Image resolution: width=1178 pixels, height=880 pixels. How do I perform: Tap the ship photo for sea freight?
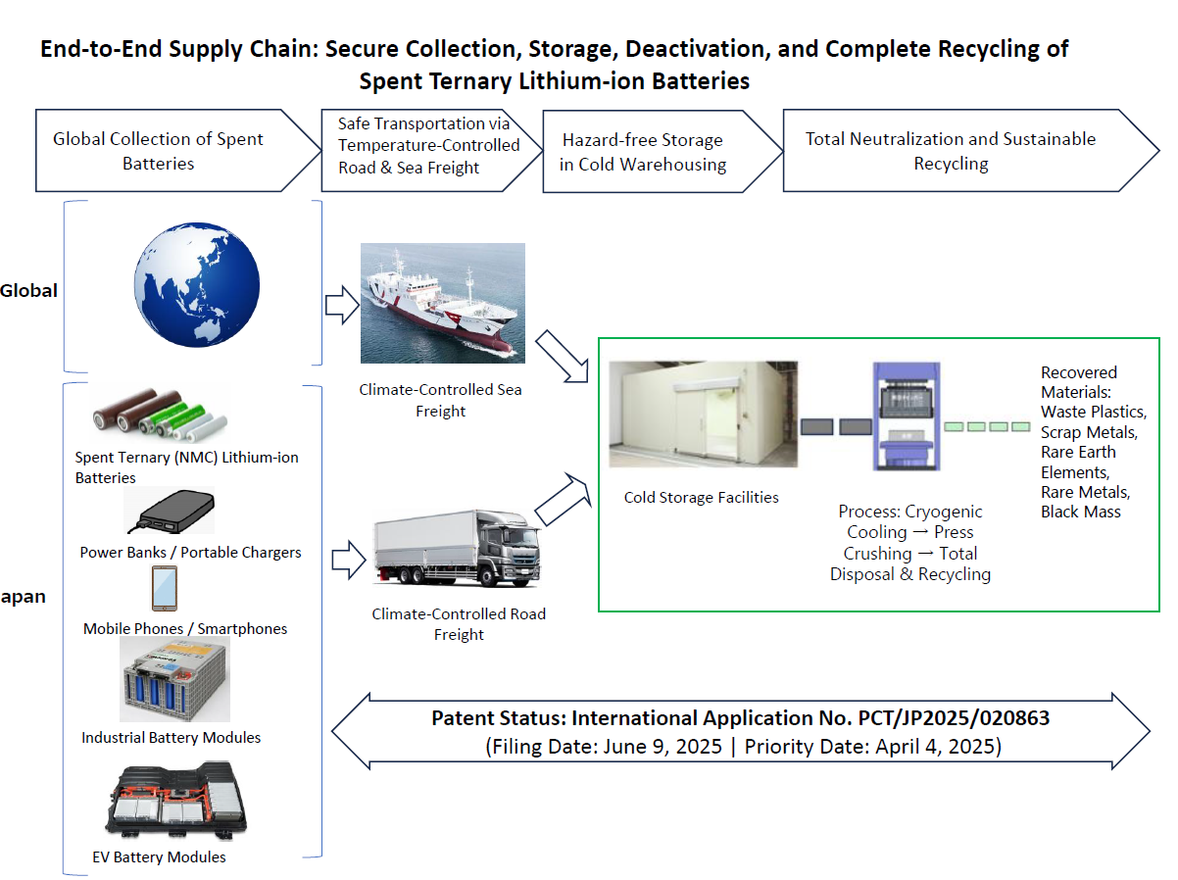point(443,304)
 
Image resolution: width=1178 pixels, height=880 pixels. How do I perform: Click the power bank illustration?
point(169,513)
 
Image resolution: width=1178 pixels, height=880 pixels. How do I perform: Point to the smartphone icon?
point(165,589)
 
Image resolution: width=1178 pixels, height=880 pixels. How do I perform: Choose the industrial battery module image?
point(174,680)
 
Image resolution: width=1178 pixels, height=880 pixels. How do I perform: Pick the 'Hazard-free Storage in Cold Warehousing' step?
point(647,152)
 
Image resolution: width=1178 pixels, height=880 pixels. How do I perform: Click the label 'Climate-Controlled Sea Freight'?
point(440,400)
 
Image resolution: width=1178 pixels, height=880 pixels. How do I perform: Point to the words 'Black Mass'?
point(1080,512)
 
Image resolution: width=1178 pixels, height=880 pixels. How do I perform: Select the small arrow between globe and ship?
point(342,304)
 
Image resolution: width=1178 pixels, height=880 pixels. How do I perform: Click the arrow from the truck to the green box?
point(560,499)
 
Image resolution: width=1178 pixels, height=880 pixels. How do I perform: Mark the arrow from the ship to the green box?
point(563,357)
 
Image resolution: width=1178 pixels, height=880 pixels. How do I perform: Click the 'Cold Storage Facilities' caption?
point(701,497)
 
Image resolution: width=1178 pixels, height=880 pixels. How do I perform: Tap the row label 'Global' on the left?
point(29,290)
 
